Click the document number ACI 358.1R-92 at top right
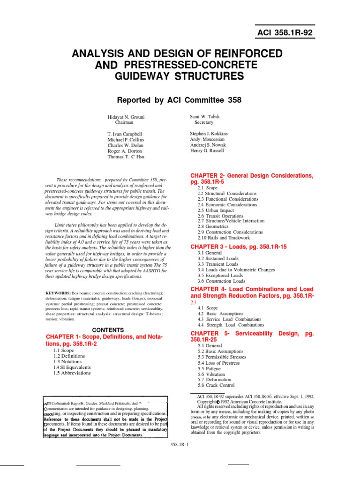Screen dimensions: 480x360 tap(284, 32)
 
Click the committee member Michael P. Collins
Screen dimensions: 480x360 tap(126, 140)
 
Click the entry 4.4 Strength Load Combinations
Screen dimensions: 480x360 tap(231, 325)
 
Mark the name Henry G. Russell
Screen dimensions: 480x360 tap(207, 150)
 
